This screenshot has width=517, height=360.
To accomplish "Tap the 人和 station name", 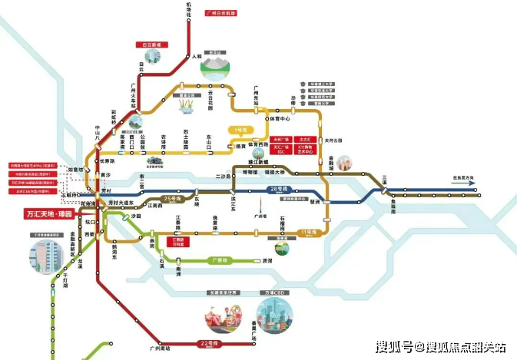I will pyautogui.click(x=197, y=56).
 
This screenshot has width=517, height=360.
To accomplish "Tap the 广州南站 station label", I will pyautogui.click(x=161, y=350).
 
